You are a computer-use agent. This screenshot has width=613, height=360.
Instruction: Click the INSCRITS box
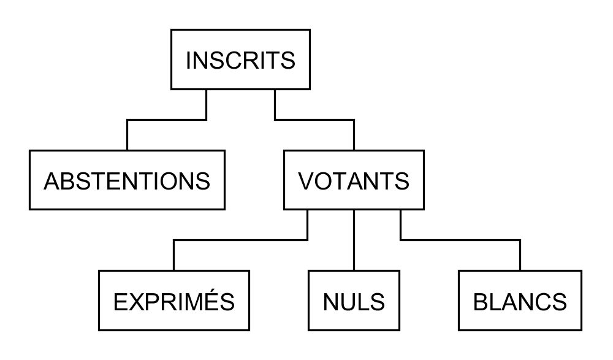pyautogui.click(x=240, y=59)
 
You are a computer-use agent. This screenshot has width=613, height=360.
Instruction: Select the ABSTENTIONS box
pyautogui.click(x=127, y=180)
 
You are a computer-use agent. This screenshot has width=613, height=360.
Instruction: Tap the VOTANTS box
pyautogui.click(x=354, y=180)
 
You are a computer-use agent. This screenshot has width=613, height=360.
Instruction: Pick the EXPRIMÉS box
pyautogui.click(x=174, y=301)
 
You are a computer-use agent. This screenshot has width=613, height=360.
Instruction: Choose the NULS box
pyautogui.click(x=354, y=301)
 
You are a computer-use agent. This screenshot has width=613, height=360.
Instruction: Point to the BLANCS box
pyautogui.click(x=520, y=301)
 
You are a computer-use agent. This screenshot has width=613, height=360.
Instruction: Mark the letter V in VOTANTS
pyautogui.click(x=306, y=182)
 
